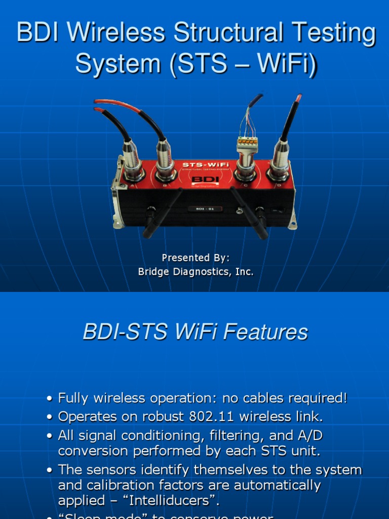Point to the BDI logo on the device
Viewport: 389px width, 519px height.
point(202,179)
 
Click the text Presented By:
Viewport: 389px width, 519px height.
point(196,257)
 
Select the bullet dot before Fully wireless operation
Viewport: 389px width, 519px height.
point(50,399)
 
